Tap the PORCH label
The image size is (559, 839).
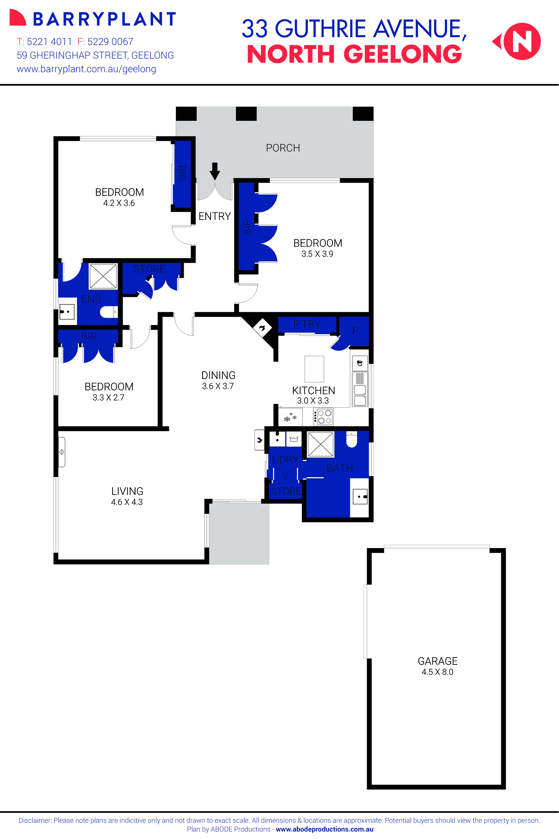283,148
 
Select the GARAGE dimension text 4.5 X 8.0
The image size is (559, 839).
438,672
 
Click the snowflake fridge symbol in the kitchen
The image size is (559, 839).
289,417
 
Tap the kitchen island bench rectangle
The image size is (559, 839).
314,369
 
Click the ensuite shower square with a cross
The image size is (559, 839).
103,276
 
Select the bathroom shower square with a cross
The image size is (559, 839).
320,444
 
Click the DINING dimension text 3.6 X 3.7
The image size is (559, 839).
218,386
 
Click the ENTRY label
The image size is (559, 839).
215,216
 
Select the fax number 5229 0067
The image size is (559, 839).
110,42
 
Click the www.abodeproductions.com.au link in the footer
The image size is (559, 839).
324,829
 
